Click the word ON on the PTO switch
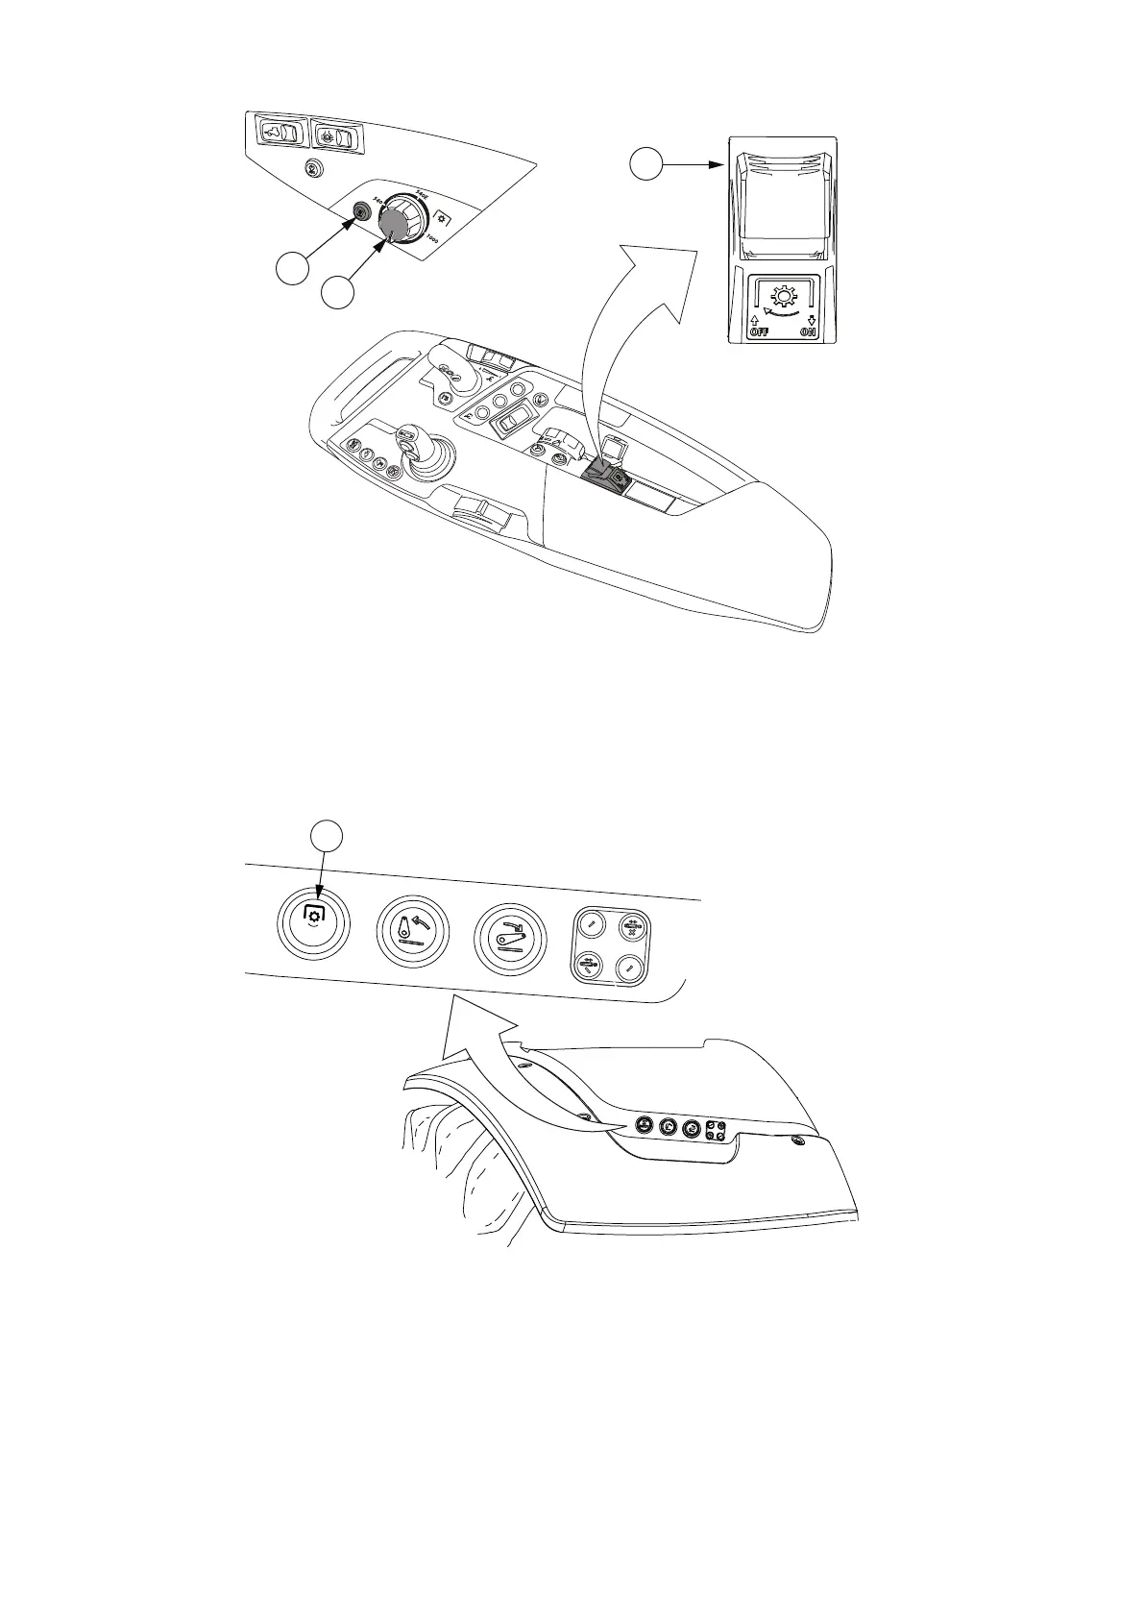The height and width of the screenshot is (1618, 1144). click(x=810, y=332)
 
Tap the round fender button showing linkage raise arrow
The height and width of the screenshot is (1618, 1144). click(x=413, y=934)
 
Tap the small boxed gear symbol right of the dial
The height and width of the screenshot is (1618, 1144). click(x=442, y=217)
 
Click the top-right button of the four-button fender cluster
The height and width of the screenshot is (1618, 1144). click(x=632, y=928)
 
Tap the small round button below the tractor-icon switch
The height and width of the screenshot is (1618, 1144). click(x=310, y=168)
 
